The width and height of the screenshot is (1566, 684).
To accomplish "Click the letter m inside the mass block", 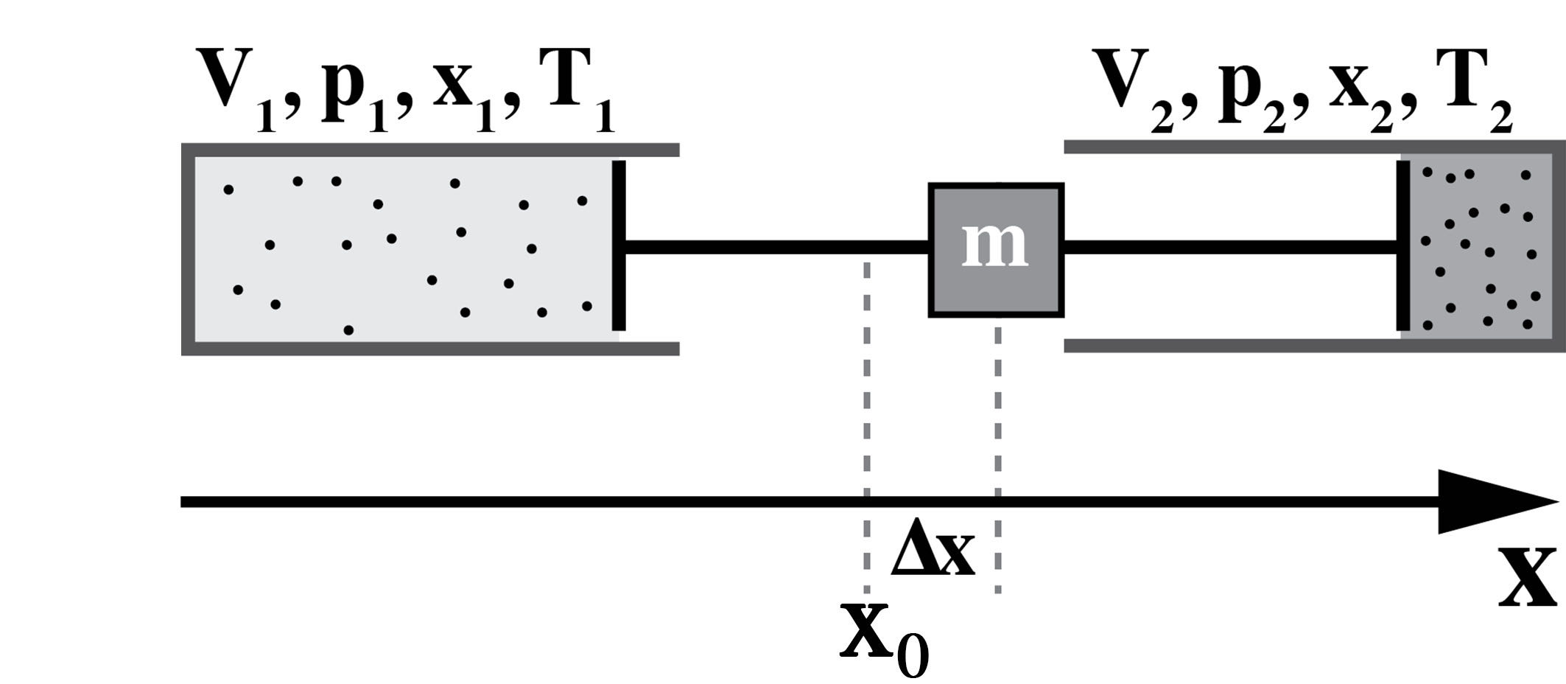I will click(995, 245).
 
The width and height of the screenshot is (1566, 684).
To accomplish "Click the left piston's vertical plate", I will click(619, 245).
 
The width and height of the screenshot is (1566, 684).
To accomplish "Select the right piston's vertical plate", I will click(1402, 245).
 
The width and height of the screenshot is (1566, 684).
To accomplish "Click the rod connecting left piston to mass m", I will click(773, 246).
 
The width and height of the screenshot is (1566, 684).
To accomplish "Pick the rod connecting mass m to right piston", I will click(1230, 246).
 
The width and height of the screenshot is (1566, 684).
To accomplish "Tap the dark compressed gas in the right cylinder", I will click(1481, 247).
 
